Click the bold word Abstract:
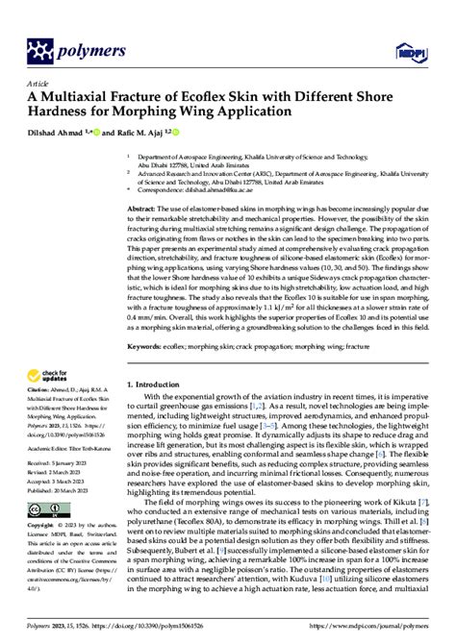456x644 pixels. pyautogui.click(x=147, y=207)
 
